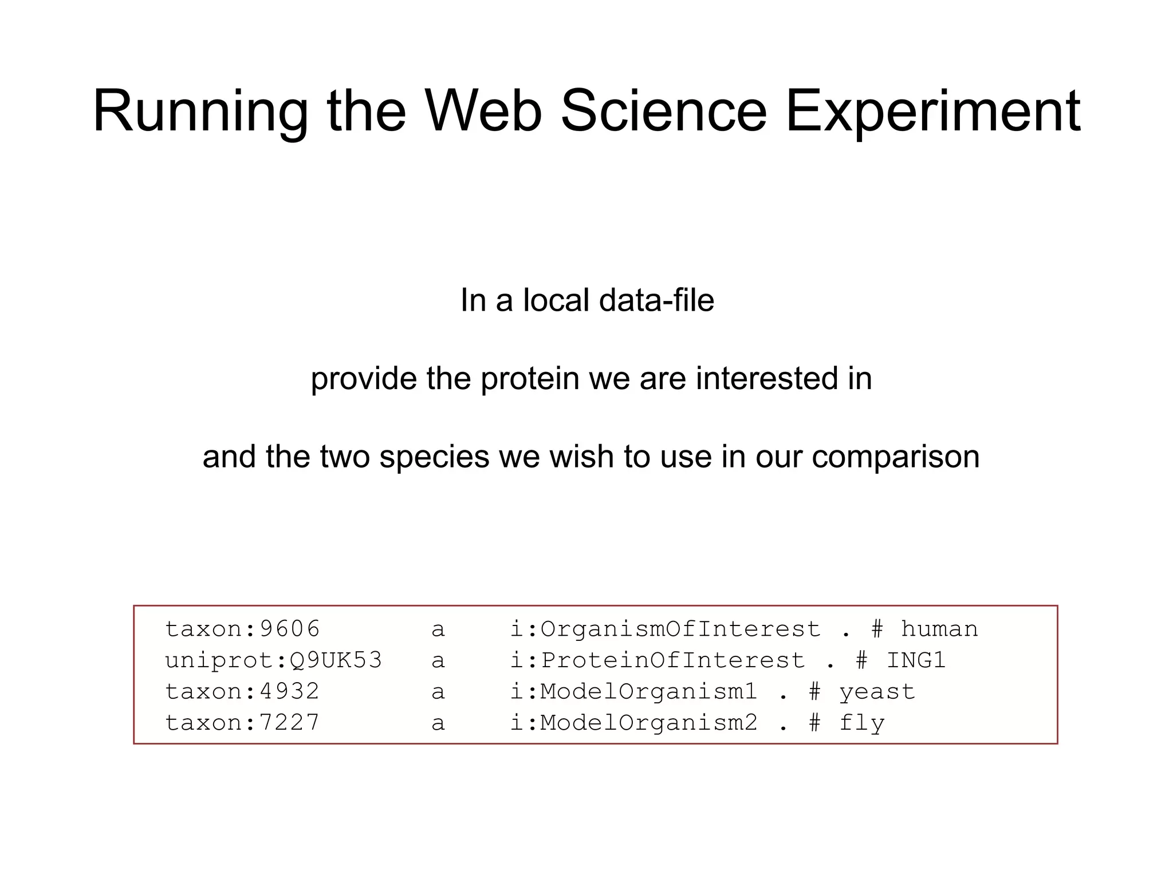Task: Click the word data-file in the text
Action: [x=656, y=300]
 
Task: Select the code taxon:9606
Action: [x=242, y=629]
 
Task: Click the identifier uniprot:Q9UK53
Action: [x=273, y=660]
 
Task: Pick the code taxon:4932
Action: [x=242, y=691]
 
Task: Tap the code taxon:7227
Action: [x=242, y=722]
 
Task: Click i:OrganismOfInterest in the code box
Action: [x=665, y=629]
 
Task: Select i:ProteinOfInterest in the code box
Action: [x=657, y=660]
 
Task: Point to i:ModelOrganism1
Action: [x=633, y=691]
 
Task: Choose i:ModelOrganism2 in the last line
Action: [x=633, y=722]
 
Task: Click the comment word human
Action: [x=939, y=629]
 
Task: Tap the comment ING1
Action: [x=916, y=660]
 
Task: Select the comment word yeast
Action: [x=877, y=691]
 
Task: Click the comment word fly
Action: [x=861, y=723]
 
